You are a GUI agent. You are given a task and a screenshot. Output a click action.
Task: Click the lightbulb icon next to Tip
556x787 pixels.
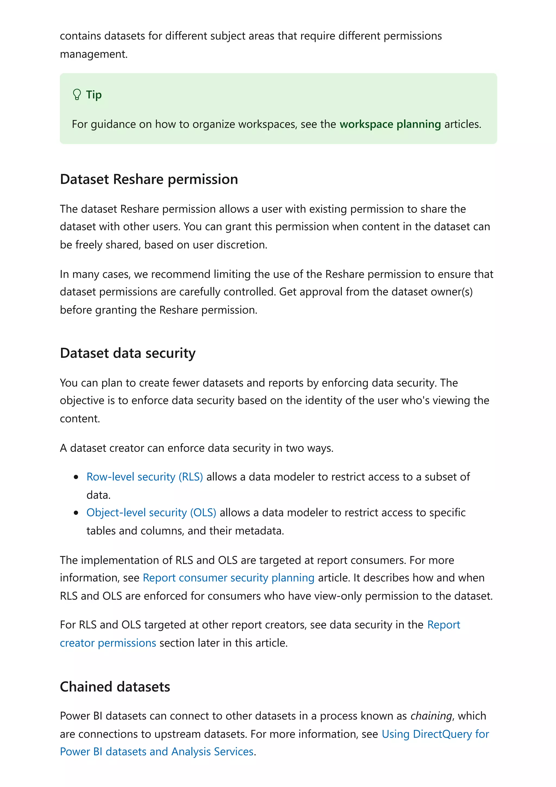pyautogui.click(x=77, y=94)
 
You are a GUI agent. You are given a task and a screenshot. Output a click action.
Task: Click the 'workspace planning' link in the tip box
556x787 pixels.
pyautogui.click(x=390, y=124)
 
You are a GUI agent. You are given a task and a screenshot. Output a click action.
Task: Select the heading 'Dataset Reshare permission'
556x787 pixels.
pyautogui.click(x=149, y=179)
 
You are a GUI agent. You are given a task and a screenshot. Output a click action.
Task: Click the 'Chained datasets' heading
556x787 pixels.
pyautogui.click(x=115, y=687)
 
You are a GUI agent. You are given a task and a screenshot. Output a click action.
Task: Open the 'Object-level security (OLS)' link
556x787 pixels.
pyautogui.click(x=151, y=512)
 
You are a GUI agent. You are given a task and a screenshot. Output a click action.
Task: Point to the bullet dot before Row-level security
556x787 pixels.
pyautogui.click(x=76, y=477)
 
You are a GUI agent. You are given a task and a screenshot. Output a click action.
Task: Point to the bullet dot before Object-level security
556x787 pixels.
pyautogui.click(x=76, y=513)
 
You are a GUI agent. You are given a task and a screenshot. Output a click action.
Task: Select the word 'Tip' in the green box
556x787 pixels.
pyautogui.click(x=93, y=95)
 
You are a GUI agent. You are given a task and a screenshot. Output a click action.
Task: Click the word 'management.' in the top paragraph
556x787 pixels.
pyautogui.click(x=93, y=54)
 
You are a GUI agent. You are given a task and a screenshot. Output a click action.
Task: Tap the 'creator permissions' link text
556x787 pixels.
pyautogui.click(x=108, y=643)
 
